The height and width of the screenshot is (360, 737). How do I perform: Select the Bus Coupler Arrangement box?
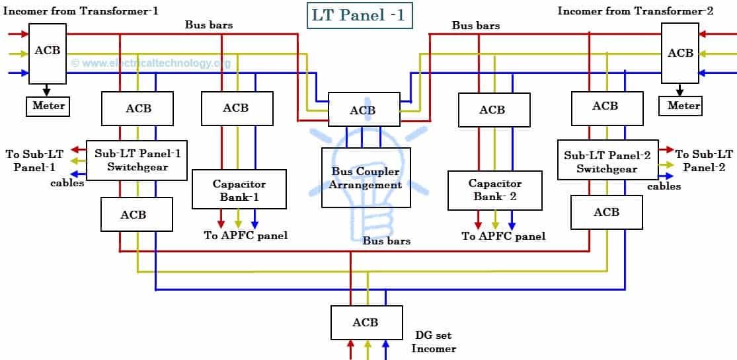(x=366, y=177)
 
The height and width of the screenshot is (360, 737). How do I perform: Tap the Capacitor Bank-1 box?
(x=239, y=190)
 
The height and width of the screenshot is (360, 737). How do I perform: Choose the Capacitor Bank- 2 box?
(x=494, y=190)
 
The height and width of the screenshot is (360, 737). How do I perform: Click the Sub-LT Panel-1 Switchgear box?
(x=137, y=160)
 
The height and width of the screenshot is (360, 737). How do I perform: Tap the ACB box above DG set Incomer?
(x=366, y=322)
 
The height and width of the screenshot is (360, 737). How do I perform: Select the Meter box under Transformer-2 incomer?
(x=683, y=106)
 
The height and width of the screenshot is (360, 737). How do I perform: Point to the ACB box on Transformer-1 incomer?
(x=48, y=53)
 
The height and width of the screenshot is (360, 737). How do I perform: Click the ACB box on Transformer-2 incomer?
(x=680, y=53)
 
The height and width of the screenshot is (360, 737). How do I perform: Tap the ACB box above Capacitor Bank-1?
(x=236, y=108)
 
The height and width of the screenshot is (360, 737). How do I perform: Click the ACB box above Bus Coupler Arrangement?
(x=363, y=110)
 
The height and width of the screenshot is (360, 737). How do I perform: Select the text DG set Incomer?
(x=434, y=342)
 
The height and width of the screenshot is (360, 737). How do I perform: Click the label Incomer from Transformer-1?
(x=81, y=11)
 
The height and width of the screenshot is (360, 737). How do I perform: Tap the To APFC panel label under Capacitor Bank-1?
(x=245, y=236)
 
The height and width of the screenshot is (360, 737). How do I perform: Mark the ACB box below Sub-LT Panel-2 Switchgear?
(x=606, y=212)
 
